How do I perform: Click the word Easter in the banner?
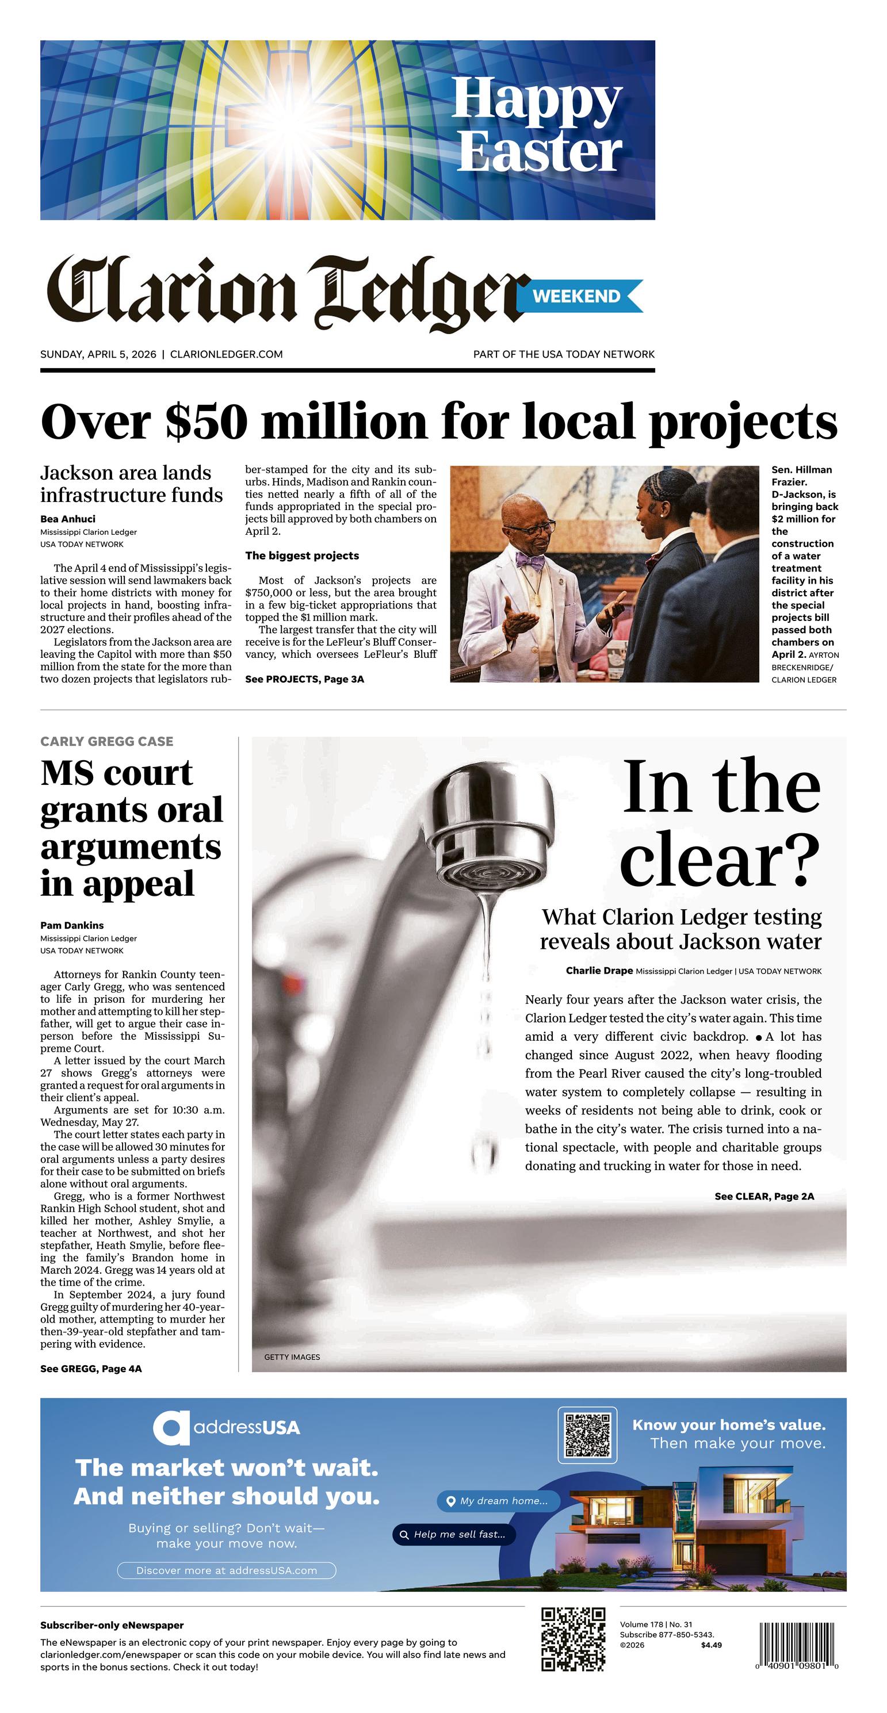coord(539,152)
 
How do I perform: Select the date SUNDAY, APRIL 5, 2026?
coord(98,354)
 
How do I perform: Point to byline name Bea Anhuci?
coord(68,519)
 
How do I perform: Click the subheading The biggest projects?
coord(301,555)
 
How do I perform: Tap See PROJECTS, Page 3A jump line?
coord(304,679)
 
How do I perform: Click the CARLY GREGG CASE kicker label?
coord(106,741)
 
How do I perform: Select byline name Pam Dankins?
coord(72,925)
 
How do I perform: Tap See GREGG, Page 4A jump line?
coord(90,1369)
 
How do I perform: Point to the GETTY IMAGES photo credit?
coord(292,1356)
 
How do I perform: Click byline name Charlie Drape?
coord(599,971)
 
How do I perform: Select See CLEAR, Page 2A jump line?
coord(764,1196)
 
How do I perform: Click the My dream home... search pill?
coord(498,1501)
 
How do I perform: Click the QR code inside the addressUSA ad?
coord(587,1435)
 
